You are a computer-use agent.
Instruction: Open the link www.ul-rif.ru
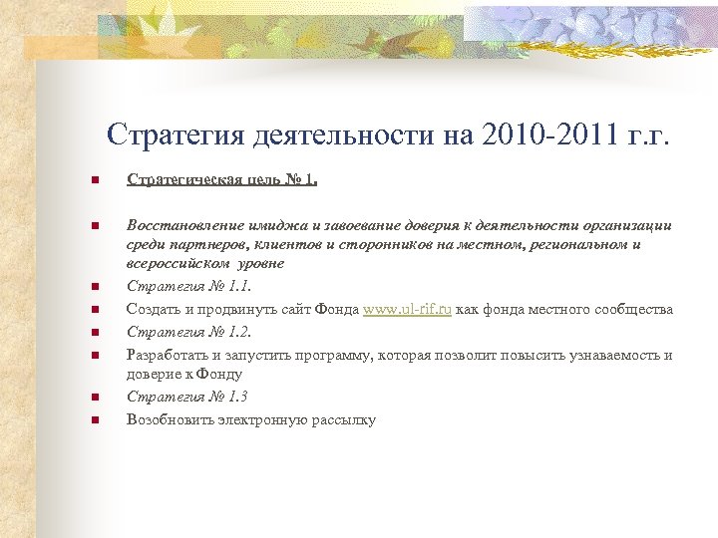pyautogui.click(x=408, y=310)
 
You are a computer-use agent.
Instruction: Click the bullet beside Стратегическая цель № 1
pyautogui.click(x=93, y=181)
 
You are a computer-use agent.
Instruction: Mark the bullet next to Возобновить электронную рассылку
pyautogui.click(x=93, y=420)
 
